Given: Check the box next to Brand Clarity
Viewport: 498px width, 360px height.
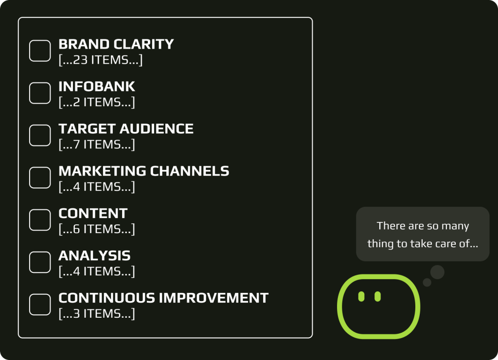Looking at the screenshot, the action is [40, 51].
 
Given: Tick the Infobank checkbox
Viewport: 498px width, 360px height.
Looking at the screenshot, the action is [40, 93].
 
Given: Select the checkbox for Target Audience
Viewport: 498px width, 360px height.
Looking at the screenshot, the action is [40, 135].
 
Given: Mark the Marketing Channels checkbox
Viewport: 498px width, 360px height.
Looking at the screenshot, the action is [40, 178].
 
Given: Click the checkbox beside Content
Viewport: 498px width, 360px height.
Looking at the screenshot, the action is [40, 220].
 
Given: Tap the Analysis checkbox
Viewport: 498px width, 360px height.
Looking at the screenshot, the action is [40, 262].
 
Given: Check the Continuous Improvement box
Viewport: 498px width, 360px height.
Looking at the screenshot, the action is [40, 305].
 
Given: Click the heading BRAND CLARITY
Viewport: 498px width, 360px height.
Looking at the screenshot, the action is [116, 44].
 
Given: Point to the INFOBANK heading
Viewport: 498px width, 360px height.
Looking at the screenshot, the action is [97, 87].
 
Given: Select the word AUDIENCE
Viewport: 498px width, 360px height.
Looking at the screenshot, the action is [157, 129].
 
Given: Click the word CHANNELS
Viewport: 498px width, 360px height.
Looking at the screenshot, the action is [189, 171].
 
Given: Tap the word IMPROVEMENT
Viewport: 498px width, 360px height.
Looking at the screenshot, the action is [213, 298].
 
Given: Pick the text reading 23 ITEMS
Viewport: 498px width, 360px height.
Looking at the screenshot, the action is [101, 60].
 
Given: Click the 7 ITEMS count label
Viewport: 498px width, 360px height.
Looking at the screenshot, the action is [97, 144].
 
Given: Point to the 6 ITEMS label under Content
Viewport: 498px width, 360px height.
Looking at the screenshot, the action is [97, 229].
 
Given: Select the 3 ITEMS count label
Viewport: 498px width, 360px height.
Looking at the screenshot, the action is [97, 314].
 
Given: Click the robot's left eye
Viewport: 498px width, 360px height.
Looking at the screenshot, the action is [361, 296].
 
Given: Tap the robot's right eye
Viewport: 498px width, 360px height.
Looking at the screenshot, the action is [377, 296].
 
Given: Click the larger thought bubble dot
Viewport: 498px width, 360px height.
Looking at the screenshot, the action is [437, 272].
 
